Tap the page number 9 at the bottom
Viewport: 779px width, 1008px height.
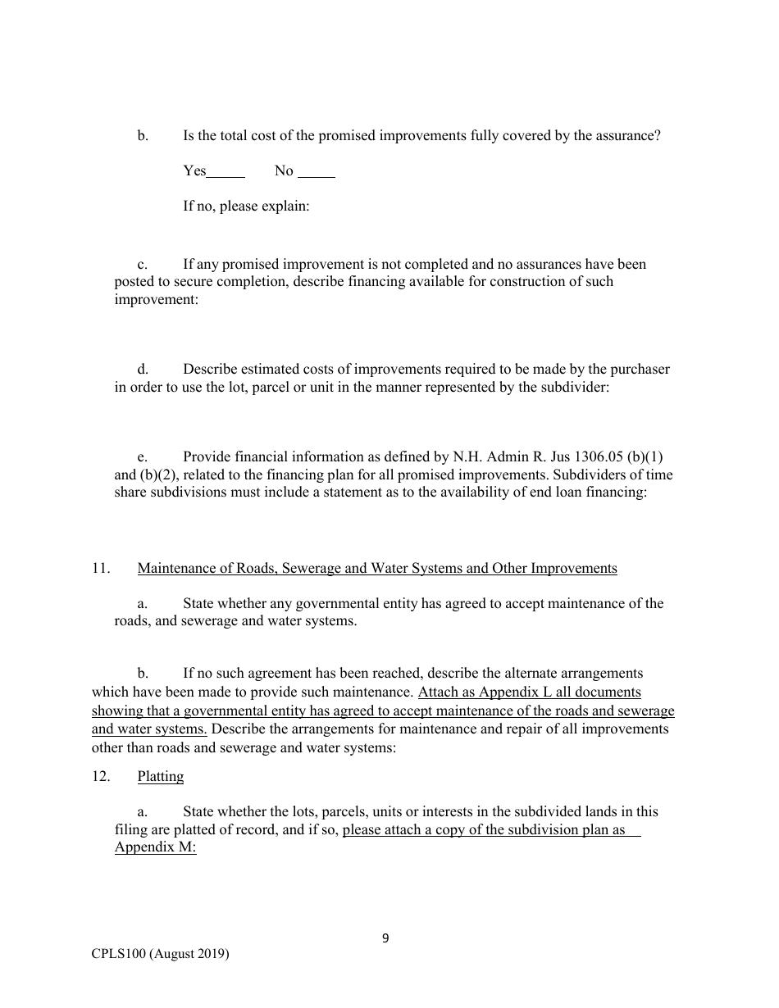pos(385,938)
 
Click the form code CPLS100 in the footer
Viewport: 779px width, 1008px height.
pos(119,954)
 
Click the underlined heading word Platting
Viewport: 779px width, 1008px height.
pos(161,777)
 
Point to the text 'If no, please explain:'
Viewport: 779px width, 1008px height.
pos(246,206)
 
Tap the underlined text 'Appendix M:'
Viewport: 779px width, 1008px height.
pos(155,847)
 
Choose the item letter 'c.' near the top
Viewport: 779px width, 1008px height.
pos(143,265)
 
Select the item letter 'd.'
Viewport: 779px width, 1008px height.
pos(143,370)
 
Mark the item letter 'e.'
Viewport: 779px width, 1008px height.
pos(143,457)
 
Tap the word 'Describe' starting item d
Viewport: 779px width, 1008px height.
pos(208,370)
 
